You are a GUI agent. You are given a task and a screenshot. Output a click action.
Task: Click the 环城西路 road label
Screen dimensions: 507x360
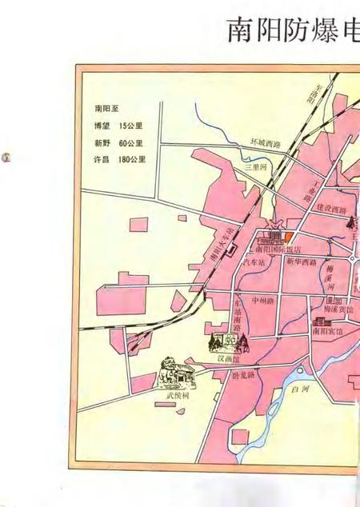click(265, 145)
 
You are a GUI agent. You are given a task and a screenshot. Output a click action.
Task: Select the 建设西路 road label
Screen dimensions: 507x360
click(331, 209)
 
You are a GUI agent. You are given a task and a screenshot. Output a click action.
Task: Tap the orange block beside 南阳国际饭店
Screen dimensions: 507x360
click(289, 238)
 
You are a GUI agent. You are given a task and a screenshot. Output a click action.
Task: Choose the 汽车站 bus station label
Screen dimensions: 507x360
click(254, 261)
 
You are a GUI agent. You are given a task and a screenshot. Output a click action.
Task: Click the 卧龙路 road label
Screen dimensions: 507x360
click(243, 374)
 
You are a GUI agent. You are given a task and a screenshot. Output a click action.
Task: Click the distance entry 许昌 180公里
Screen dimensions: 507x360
click(120, 159)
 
